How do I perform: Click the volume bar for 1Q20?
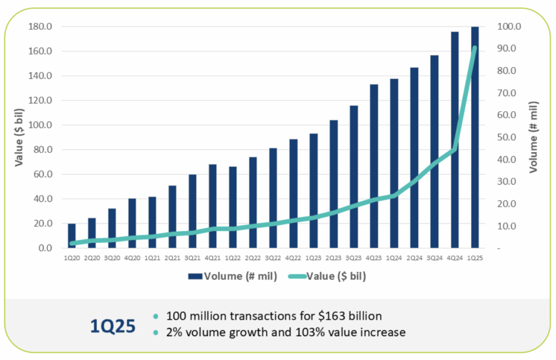(x=72, y=235)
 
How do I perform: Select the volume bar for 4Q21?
(x=212, y=206)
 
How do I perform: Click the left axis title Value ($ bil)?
(x=18, y=137)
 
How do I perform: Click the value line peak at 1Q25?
(x=475, y=48)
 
